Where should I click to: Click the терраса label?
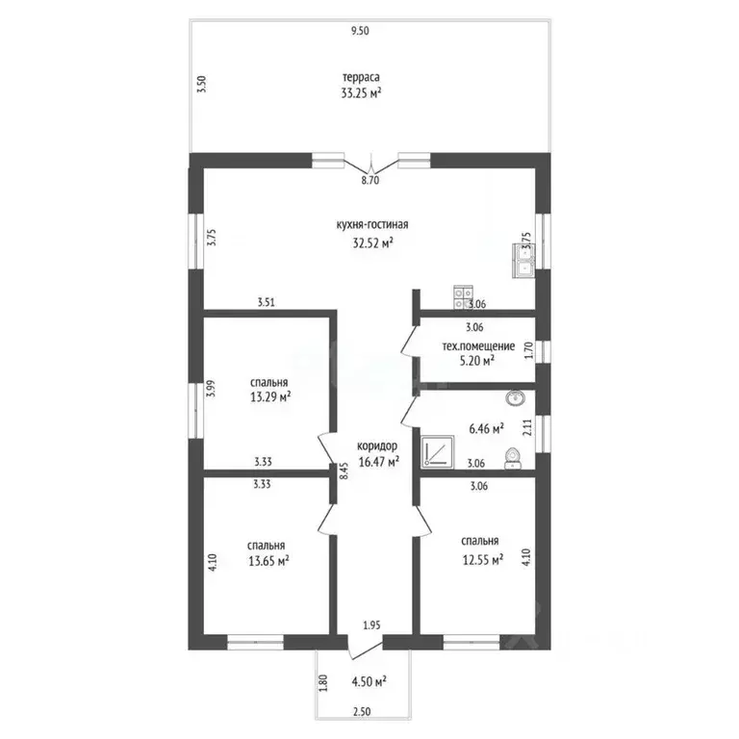(x=361, y=77)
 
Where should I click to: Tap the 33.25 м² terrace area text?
(x=361, y=92)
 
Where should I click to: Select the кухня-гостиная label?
(x=372, y=224)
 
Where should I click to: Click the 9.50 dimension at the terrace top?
(x=360, y=31)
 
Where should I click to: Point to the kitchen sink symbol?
(x=523, y=261)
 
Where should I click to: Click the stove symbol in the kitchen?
(x=464, y=298)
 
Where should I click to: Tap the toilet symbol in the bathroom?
(x=512, y=459)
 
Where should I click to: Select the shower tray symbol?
(x=438, y=452)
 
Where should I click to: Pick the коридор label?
(x=377, y=446)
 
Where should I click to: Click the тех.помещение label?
(x=478, y=346)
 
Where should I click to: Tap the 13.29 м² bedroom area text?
(x=270, y=396)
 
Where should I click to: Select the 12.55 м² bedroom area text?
(x=483, y=559)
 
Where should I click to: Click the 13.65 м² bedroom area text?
(x=268, y=561)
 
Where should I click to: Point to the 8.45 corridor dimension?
(x=344, y=471)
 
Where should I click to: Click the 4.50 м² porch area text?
(x=369, y=681)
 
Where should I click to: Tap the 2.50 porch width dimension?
(x=362, y=712)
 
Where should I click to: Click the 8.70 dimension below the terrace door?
(x=370, y=180)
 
